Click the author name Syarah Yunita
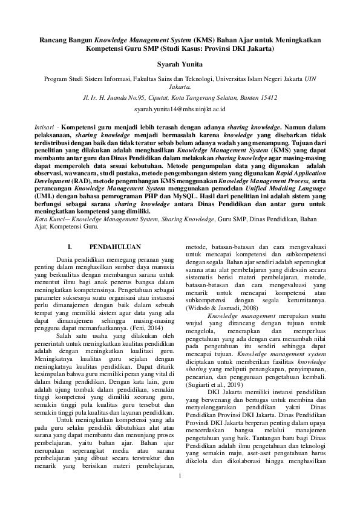pyautogui.click(x=180, y=63)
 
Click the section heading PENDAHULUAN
pyautogui.click(x=115, y=247)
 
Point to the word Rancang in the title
pyautogui.click(x=55, y=37)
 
